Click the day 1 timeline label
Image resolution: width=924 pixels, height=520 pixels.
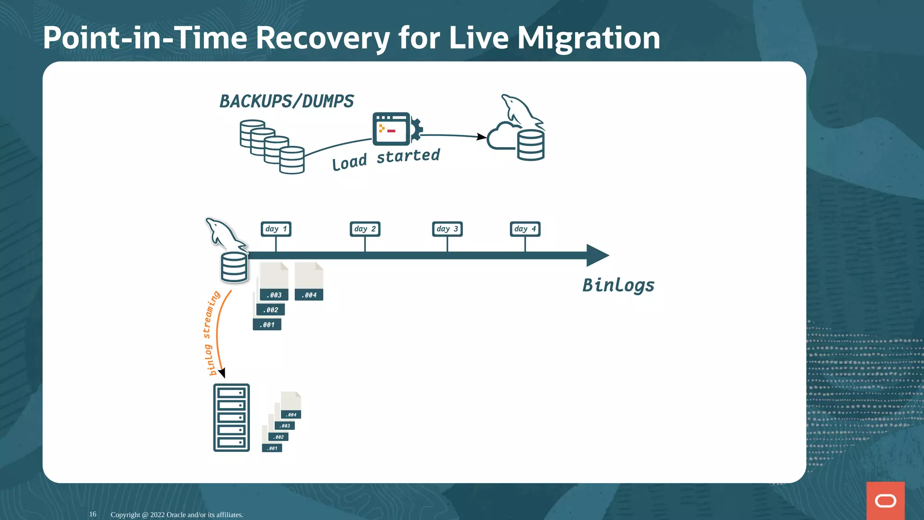pos(276,229)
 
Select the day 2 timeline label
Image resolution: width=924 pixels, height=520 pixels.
pos(365,229)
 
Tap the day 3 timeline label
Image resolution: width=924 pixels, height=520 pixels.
pos(447,229)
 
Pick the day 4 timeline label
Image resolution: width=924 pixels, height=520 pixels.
pos(525,229)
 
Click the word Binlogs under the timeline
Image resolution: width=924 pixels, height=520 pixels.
pos(618,285)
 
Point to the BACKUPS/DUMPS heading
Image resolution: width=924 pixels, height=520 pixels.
pos(286,101)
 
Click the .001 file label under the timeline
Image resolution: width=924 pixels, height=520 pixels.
pos(267,325)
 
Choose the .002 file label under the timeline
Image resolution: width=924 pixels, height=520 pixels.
pos(271,310)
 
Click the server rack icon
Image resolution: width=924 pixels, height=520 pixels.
pos(231,418)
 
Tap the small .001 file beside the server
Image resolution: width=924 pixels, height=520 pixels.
pos(272,448)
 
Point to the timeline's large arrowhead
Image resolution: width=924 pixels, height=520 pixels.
pos(597,255)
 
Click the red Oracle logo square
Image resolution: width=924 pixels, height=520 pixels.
pos(885,501)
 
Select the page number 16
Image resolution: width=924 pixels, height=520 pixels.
pos(92,514)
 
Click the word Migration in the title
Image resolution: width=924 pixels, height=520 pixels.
pos(588,38)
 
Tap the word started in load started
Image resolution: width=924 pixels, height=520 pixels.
pos(408,156)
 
